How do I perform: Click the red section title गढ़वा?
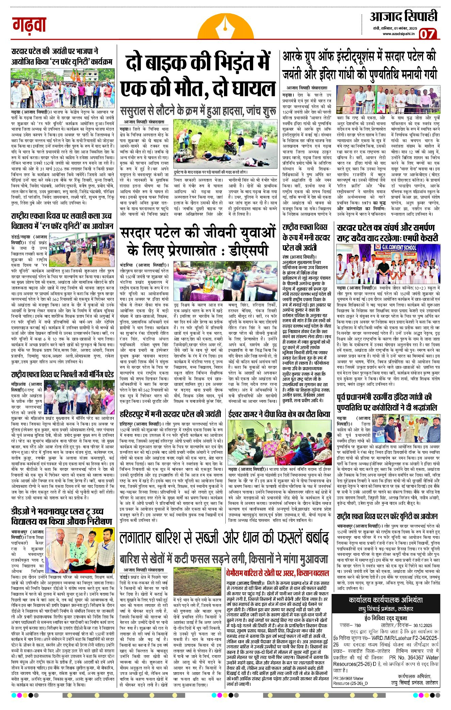(x=29, y=25)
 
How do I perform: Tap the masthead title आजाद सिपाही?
(x=403, y=16)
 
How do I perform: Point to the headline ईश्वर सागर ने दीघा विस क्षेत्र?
(x=279, y=414)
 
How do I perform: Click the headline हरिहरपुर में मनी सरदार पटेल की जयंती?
(x=171, y=414)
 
